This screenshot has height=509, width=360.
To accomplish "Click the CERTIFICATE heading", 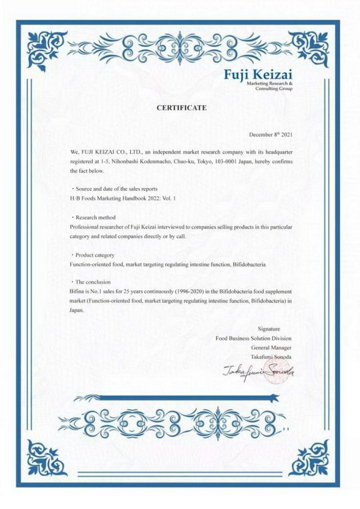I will tap(182, 108).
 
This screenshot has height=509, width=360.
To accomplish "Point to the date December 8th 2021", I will tap(271, 134).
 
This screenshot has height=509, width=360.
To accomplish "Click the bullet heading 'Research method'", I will tap(95, 218).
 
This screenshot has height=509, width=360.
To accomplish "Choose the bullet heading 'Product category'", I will tap(95, 254).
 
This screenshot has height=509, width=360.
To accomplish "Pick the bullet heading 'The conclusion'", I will tap(92, 282).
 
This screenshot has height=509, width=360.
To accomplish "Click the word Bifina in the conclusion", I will tap(78, 291).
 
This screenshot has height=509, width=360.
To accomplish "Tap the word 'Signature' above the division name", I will tap(269, 329).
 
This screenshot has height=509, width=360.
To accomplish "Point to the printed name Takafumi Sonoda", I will tap(271, 357).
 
